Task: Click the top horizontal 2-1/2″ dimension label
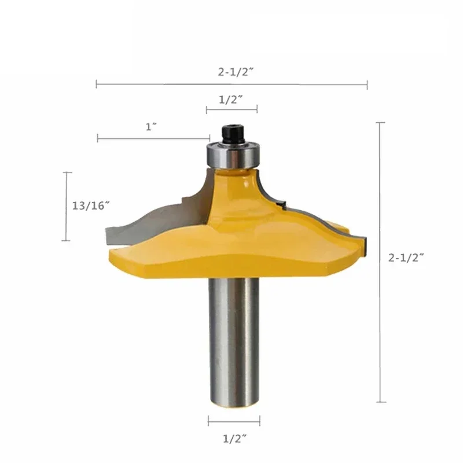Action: click(x=236, y=72)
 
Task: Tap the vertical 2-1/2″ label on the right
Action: click(x=406, y=258)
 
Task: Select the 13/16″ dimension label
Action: click(x=91, y=205)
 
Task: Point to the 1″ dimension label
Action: click(x=151, y=127)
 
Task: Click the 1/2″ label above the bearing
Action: click(x=231, y=100)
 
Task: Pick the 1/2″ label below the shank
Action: click(x=235, y=439)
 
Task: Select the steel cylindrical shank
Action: click(x=234, y=341)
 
